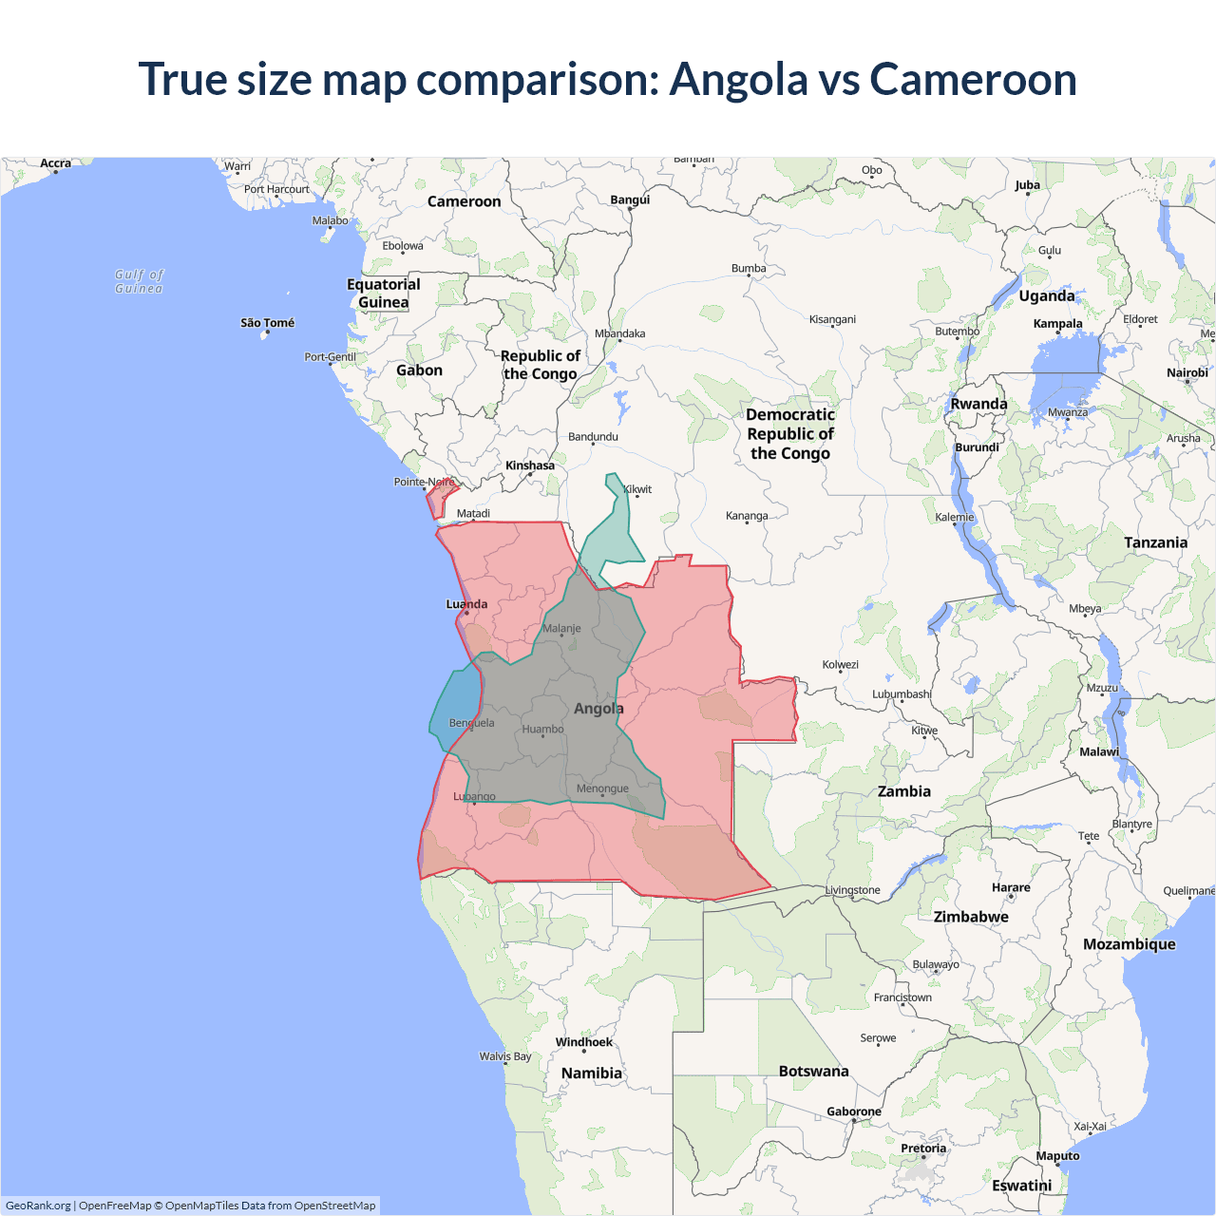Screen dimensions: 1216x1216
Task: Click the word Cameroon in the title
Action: point(973,79)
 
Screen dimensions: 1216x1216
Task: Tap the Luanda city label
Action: point(466,604)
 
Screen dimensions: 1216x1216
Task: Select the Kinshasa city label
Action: point(529,465)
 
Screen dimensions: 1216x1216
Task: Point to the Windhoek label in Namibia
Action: point(583,1042)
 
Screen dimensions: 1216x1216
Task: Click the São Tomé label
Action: point(267,323)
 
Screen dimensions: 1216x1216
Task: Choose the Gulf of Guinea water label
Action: point(139,281)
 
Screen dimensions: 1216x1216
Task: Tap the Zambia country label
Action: point(903,791)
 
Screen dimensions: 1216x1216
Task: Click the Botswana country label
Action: point(813,1071)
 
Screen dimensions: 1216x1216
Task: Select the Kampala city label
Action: point(1057,324)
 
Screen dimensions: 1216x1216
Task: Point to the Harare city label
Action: point(1011,887)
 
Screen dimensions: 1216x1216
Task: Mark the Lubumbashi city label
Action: point(902,694)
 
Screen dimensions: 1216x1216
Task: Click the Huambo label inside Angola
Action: point(542,730)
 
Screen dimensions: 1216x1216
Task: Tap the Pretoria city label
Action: point(922,1149)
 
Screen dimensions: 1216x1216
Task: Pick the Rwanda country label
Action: point(978,404)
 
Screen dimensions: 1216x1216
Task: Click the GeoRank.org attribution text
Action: point(38,1206)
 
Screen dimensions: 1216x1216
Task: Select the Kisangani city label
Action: point(832,319)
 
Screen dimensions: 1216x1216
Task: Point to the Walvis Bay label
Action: point(504,1056)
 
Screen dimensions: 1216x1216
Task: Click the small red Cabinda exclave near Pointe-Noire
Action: point(442,498)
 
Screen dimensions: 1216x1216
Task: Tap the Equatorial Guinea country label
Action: point(383,294)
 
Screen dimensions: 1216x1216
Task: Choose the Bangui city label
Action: point(630,199)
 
